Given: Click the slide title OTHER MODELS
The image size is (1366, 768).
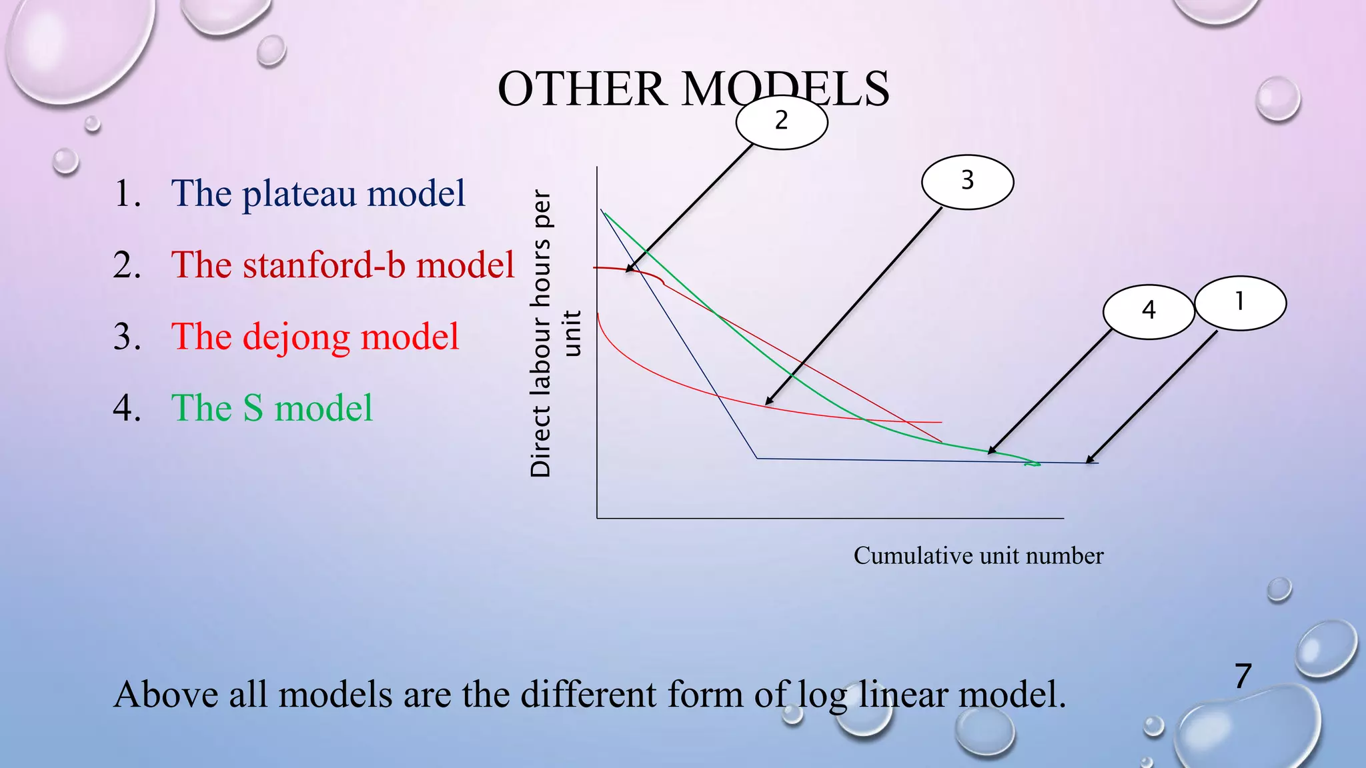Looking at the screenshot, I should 693,89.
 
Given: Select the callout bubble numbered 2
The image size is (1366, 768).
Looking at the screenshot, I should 782,121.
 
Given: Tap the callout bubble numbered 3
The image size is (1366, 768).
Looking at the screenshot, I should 967,181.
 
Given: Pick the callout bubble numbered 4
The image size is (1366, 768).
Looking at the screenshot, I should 1148,311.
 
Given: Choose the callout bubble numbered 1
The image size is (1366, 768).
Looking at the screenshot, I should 1240,303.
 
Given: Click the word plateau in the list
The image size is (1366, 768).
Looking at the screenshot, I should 298,195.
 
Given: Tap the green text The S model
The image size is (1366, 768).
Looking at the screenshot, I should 271,408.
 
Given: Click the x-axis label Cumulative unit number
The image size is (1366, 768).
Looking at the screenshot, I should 978,556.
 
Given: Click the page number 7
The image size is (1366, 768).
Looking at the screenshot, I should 1243,676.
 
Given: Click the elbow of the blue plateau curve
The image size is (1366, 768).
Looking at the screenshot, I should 757,458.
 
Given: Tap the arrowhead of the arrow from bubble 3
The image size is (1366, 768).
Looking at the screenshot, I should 767,403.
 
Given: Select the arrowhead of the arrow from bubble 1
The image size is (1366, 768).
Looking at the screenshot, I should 1089,461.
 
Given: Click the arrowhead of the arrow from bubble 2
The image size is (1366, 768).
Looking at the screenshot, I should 628,270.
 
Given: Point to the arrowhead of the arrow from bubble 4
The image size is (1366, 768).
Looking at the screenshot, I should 990,453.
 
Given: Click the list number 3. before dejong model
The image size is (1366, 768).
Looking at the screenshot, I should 127,337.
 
